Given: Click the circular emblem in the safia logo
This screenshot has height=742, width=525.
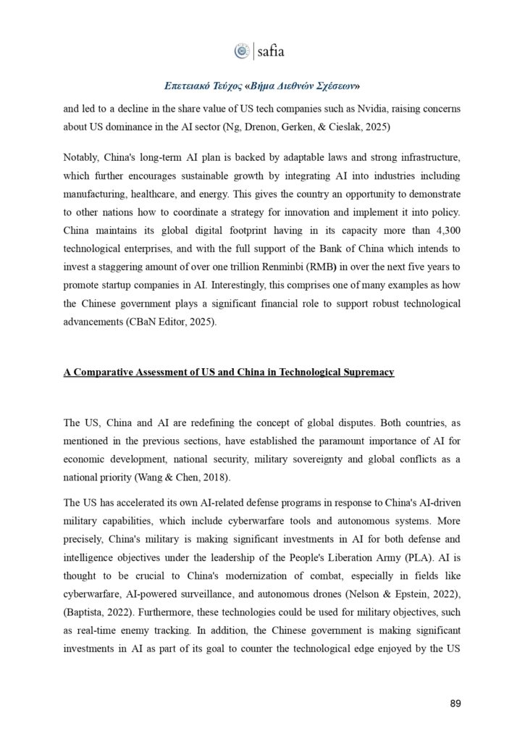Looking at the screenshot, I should tap(241, 51).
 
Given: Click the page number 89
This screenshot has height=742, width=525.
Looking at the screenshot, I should tap(455, 704).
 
